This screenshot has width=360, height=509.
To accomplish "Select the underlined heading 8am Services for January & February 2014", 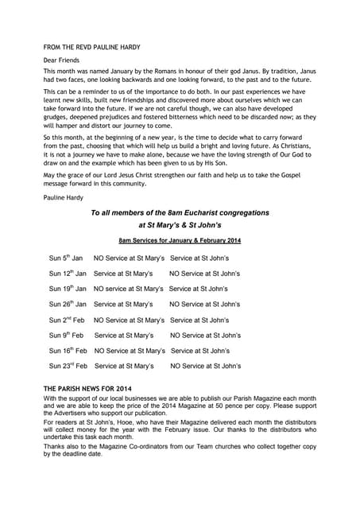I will click(180, 239).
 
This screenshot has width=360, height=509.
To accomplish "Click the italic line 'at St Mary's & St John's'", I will click(180, 225).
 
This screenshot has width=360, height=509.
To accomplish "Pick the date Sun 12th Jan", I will click(68, 274).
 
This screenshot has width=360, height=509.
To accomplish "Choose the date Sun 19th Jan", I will click(68, 289).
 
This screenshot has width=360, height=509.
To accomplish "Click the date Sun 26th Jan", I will click(68, 304).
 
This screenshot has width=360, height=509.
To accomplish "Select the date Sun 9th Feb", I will click(66, 335).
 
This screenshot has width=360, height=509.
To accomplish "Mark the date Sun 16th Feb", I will click(68, 350).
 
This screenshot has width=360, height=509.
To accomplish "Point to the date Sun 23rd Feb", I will click(68, 366).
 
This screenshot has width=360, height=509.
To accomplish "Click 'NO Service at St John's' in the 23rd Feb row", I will click(205, 366).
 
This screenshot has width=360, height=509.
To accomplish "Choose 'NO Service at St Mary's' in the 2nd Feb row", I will click(129, 320).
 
